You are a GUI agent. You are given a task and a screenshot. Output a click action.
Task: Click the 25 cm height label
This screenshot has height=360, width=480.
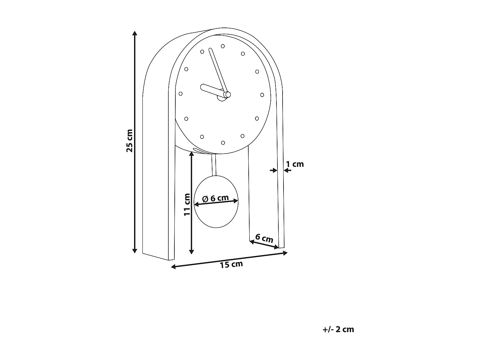click(130, 140)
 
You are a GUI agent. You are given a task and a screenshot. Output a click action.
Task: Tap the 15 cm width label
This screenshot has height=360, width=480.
click(231, 264)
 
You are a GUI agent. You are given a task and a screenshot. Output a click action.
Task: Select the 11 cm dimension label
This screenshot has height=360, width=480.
click(187, 204)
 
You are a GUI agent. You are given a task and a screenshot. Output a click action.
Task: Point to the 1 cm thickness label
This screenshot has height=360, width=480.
click(295, 164)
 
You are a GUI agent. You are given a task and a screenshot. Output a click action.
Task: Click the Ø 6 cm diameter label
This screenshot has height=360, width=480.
click(216, 198)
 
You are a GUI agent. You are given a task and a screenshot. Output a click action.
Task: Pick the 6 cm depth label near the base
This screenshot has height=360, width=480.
click(264, 238)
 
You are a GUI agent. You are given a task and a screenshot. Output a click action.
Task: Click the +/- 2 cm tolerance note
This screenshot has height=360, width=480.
click(338, 329)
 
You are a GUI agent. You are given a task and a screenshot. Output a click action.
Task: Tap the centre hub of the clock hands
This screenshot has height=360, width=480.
click(227, 94)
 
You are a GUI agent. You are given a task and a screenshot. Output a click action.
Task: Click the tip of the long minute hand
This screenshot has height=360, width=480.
click(210, 50)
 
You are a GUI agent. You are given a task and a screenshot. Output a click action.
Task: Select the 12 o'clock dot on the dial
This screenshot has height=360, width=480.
click(223, 46)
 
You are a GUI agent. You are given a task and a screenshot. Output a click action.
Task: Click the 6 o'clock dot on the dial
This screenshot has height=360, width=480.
click(223, 143)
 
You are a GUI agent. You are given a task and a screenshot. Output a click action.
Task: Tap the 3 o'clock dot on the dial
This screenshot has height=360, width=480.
click(262, 95)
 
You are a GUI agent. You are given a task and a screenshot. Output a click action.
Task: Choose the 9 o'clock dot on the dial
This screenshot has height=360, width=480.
click(180, 94)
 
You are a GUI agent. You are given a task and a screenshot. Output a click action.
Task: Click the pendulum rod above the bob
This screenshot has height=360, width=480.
click(214, 165)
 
